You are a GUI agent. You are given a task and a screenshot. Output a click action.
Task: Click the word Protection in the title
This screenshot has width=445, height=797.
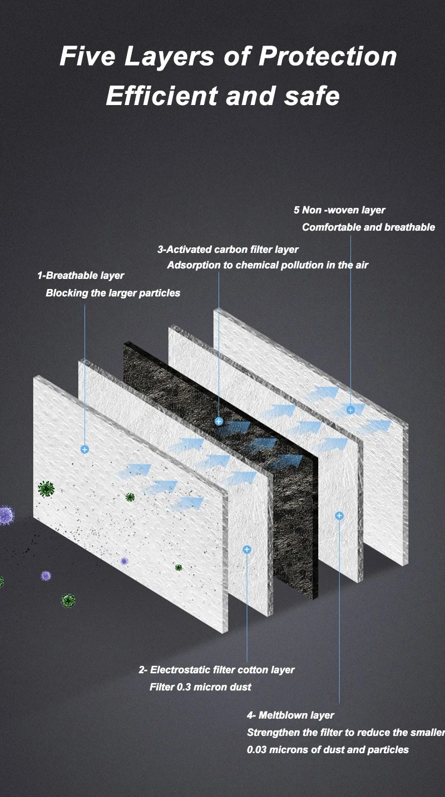click(328, 56)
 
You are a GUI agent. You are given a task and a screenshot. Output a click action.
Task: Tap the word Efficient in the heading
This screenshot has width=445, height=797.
click(162, 96)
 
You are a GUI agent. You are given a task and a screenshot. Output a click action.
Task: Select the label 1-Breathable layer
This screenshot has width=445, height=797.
click(81, 275)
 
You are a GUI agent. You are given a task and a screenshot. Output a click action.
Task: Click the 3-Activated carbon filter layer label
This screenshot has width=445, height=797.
click(228, 250)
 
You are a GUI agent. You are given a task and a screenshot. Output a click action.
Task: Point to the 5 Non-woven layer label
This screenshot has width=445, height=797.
click(339, 210)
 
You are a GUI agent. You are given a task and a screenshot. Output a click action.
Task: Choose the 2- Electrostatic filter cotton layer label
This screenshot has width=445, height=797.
click(216, 670)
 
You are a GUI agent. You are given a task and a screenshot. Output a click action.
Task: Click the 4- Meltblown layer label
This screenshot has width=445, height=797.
click(290, 715)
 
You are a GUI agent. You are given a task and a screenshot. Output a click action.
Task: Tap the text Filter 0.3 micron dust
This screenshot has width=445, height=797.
click(200, 687)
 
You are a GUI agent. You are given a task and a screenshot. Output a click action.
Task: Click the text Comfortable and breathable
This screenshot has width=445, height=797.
click(368, 227)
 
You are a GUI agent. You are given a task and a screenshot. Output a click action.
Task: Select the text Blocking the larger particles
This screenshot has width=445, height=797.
click(113, 293)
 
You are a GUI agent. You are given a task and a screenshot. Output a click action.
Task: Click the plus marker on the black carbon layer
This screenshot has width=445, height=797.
click(219, 421)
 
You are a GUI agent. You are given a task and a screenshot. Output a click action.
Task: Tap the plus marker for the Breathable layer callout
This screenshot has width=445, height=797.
click(85, 450)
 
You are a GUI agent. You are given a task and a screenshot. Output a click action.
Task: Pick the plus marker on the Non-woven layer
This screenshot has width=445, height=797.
click(350, 410)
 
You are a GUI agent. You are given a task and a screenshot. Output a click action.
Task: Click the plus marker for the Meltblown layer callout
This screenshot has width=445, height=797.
click(339, 516)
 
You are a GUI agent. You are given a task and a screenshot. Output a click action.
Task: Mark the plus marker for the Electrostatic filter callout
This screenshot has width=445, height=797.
click(247, 550)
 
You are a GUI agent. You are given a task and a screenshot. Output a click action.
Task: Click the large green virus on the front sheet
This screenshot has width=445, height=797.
click(46, 489)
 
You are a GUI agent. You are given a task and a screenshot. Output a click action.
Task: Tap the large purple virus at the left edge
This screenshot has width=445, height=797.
click(6, 515)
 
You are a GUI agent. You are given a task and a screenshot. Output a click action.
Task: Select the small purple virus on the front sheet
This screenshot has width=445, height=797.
click(124, 561)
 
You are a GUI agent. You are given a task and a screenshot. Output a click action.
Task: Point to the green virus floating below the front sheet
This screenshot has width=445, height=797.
click(68, 601)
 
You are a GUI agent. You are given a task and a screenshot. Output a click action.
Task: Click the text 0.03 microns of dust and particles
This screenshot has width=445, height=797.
click(328, 750)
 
